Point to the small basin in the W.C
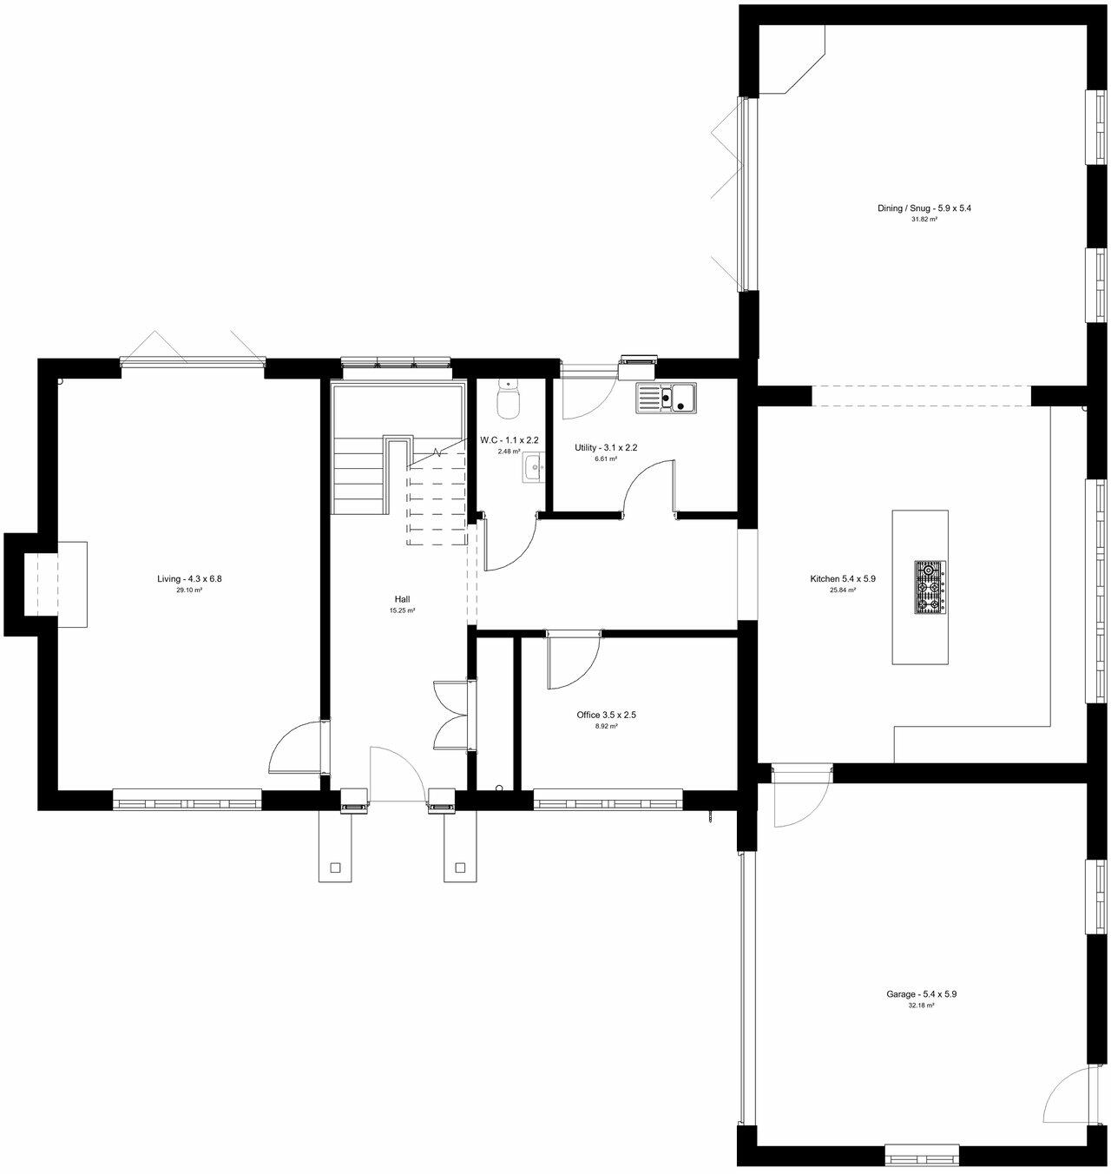coord(533,469)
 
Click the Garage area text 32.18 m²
coord(921,1006)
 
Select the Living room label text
coord(183,578)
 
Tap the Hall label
coord(402,599)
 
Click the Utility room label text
coord(606,448)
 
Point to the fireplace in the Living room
coord(61,584)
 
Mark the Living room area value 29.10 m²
coord(183,590)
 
